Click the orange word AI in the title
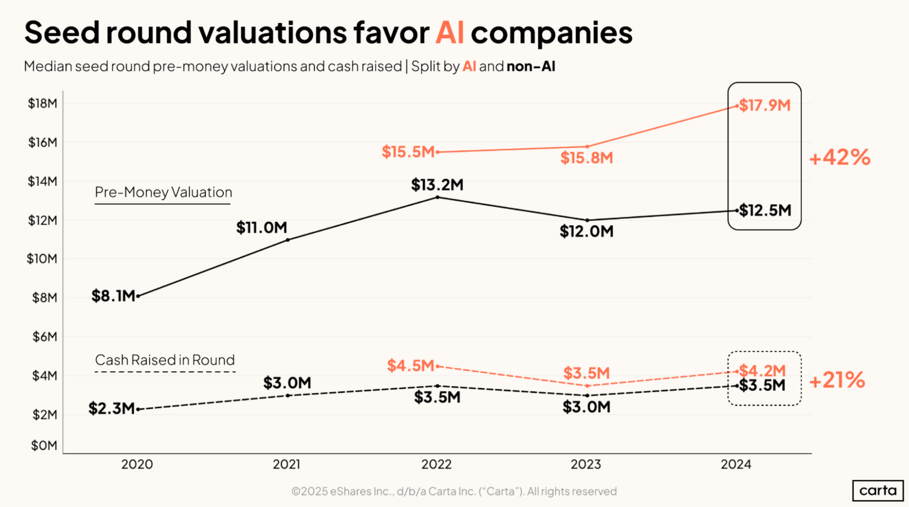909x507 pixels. point(449,33)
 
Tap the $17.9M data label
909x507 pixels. point(765,105)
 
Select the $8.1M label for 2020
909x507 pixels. point(113,296)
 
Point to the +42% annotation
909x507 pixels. point(839,158)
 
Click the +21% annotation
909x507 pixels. point(837,380)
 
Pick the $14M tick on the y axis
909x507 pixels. point(42,181)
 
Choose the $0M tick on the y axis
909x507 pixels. point(44,446)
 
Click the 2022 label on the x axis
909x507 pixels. point(436,464)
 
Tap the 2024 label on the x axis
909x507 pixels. point(736,464)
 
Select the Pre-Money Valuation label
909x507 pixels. point(163,192)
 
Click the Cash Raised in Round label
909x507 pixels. point(165,360)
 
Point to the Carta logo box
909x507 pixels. point(878,491)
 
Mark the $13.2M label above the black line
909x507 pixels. point(437,185)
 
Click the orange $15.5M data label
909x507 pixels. point(408,152)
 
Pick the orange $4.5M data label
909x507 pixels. point(411,366)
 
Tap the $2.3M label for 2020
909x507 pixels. point(111,408)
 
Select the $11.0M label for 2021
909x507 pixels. point(261,227)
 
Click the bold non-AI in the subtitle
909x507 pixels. point(531,67)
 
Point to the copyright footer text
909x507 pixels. point(454,492)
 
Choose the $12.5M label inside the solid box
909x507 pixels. point(765,211)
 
